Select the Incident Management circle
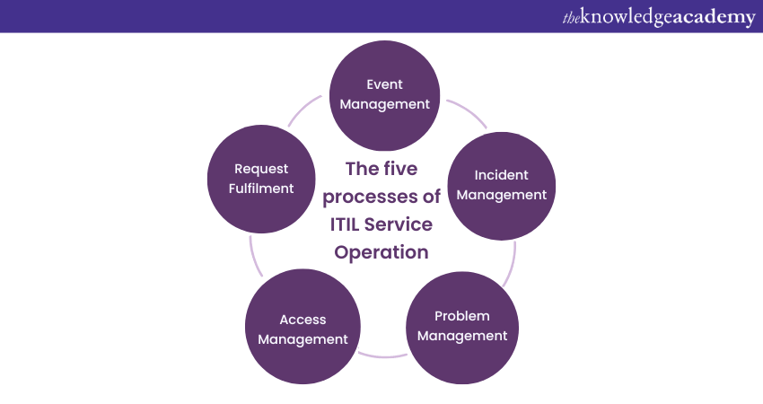(501, 185)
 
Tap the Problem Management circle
(462, 326)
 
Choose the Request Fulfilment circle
(261, 179)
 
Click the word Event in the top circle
(385, 84)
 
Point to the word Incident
(501, 175)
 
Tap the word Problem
(462, 316)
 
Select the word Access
(303, 320)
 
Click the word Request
(261, 169)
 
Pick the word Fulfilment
(261, 189)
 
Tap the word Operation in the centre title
(381, 252)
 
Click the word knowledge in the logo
(620, 18)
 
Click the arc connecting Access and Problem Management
(382, 356)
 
